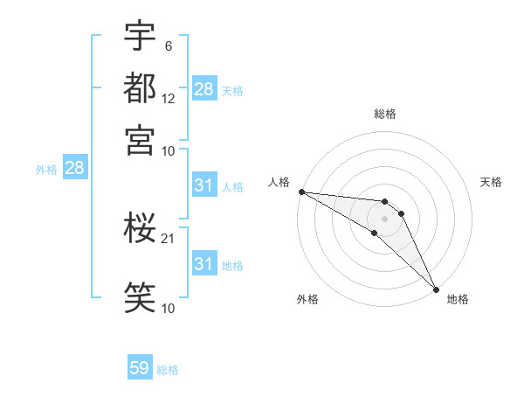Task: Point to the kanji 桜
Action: tap(140, 230)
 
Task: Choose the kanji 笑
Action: tap(140, 295)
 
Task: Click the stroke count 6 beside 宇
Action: tap(167, 46)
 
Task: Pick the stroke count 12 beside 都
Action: tap(169, 99)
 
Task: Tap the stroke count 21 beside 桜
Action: tap(169, 239)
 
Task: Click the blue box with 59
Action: tap(140, 368)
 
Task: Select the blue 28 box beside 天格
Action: tap(204, 89)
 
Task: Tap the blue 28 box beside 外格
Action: tap(74, 169)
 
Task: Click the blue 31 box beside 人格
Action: tap(204, 185)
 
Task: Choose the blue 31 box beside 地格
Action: tap(204, 264)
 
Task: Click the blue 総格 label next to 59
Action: tap(168, 370)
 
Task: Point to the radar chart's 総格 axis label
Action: tap(385, 115)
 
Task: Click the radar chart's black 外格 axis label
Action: tap(307, 300)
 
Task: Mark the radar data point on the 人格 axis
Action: tap(301, 191)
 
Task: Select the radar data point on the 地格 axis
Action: tap(436, 289)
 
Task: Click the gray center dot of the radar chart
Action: tap(384, 219)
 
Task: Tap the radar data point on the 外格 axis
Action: tap(374, 233)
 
